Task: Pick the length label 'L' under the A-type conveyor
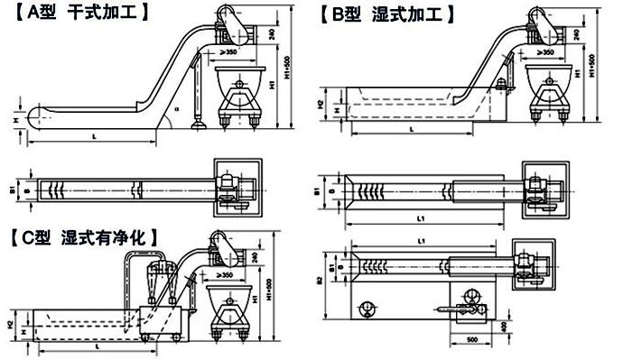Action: [95, 136]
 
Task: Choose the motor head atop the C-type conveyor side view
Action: [218, 243]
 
